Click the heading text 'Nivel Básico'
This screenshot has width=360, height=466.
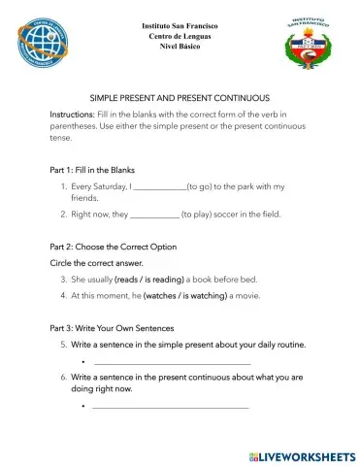[180, 47]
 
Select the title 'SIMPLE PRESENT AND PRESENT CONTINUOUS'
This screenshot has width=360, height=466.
[180, 98]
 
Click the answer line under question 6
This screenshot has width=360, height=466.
[169, 407]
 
